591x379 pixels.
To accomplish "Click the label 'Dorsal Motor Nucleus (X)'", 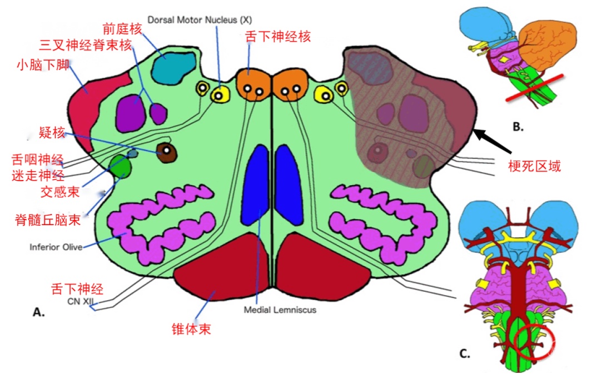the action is point(200,20).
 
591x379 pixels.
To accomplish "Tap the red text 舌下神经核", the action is point(278,37).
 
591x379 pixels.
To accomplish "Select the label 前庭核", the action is point(122,29).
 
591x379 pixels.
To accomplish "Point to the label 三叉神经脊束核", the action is point(86,45).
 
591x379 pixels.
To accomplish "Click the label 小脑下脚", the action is point(43,65).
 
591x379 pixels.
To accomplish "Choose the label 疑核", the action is point(52,132).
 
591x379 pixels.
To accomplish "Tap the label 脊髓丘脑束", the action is point(47,220).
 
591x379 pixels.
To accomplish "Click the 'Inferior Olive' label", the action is point(56,247).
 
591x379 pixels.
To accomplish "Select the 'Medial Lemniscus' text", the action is point(280,310).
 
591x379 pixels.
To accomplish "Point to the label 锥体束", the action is point(191,329).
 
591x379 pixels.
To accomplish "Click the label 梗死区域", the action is point(534,166).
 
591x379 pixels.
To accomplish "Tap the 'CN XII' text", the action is point(80,301).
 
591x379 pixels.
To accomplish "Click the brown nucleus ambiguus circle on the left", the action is point(167,152).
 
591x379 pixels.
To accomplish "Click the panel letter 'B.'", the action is point(518,127).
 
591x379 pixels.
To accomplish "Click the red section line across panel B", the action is point(534,88).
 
